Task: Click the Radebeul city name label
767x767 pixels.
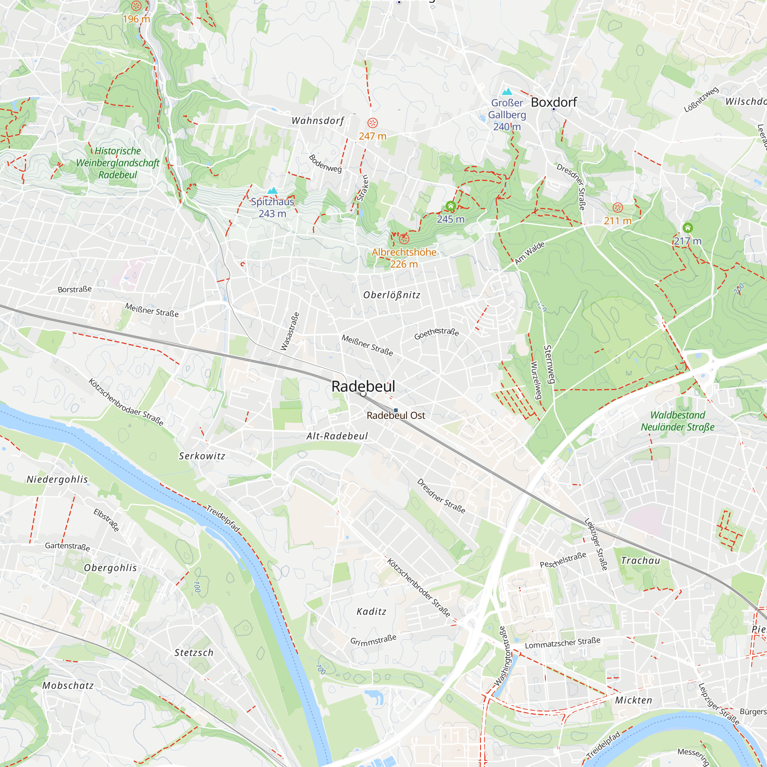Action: click(363, 386)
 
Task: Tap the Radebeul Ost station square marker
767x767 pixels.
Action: click(396, 410)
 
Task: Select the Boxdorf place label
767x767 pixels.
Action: click(553, 102)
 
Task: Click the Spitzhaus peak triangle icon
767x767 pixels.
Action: click(272, 191)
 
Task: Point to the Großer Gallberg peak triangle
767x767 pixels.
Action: click(507, 92)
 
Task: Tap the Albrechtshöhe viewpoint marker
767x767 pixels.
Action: click(404, 239)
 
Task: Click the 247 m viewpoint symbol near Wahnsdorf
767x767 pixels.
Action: click(372, 123)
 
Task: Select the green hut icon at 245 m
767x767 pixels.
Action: click(451, 206)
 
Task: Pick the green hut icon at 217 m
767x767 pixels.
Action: click(688, 228)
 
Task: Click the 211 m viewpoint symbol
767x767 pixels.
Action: click(618, 207)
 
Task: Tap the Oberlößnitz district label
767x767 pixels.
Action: click(392, 295)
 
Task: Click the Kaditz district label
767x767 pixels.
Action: click(371, 611)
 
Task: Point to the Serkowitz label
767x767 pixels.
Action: click(202, 456)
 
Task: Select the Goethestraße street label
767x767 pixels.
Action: click(436, 334)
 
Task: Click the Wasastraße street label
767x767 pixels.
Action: click(290, 331)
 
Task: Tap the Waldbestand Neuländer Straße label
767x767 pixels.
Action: click(677, 421)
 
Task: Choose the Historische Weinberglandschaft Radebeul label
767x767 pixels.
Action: click(117, 163)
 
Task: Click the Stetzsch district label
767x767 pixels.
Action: click(194, 653)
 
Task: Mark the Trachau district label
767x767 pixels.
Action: click(640, 561)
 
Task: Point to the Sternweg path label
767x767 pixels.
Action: click(549, 364)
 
